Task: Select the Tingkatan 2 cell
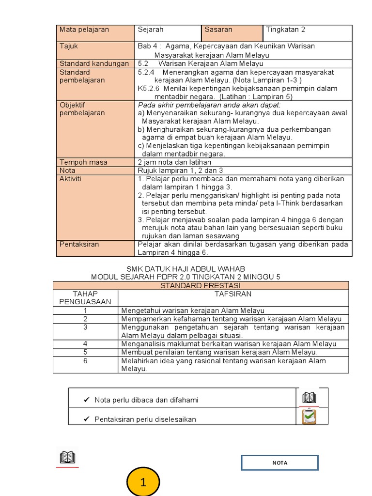pos(307,33)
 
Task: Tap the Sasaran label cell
pos(232,33)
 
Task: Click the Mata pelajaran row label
pos(95,33)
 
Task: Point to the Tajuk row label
pos(95,50)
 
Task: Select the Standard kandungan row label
pos(95,63)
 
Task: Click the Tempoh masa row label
pos(95,162)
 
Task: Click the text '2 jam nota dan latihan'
pos(174,162)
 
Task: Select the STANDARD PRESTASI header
pos(201,286)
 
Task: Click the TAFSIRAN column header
pos(233,294)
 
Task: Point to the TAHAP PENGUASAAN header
pos(85,297)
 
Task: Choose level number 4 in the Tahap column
pos(85,344)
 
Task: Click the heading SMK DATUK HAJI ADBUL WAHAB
pos(186,269)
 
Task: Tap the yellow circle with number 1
pos(143,482)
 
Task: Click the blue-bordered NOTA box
pos(279,463)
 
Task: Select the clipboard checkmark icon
pos(309,417)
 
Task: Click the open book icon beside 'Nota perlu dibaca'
pos(309,398)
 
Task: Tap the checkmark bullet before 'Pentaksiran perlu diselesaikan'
pos(87,419)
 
